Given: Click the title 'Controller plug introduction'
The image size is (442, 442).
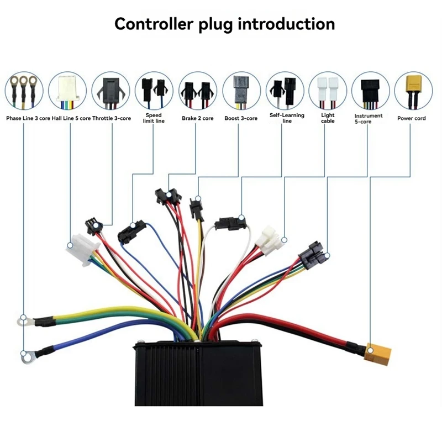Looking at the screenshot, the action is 225,24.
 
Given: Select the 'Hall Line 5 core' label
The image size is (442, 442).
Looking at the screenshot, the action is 71,118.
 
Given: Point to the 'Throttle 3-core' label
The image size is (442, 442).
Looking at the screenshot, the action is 112,118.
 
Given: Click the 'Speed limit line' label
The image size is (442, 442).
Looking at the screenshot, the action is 154,118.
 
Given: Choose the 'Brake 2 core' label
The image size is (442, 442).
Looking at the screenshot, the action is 198,118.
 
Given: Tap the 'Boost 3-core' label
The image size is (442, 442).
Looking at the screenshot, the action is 241,118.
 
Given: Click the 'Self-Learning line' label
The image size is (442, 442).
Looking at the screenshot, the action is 287,118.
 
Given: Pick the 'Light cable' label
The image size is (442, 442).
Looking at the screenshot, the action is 328,118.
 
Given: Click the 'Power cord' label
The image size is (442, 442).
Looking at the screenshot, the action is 412,118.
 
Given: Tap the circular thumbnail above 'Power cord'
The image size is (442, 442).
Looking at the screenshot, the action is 413,91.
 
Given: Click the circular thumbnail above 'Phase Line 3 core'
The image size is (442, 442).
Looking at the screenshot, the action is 24,91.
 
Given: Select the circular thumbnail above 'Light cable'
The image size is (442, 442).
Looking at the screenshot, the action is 328,91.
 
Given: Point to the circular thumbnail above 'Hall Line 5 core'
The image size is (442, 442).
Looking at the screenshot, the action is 67,91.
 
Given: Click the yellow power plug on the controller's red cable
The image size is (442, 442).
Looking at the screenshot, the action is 377,353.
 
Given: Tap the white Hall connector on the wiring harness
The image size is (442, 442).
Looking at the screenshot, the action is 82,250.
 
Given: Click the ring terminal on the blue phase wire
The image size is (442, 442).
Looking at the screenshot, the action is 27,357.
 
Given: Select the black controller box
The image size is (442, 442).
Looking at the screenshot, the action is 199,373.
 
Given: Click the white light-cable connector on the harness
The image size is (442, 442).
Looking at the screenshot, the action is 269,240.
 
